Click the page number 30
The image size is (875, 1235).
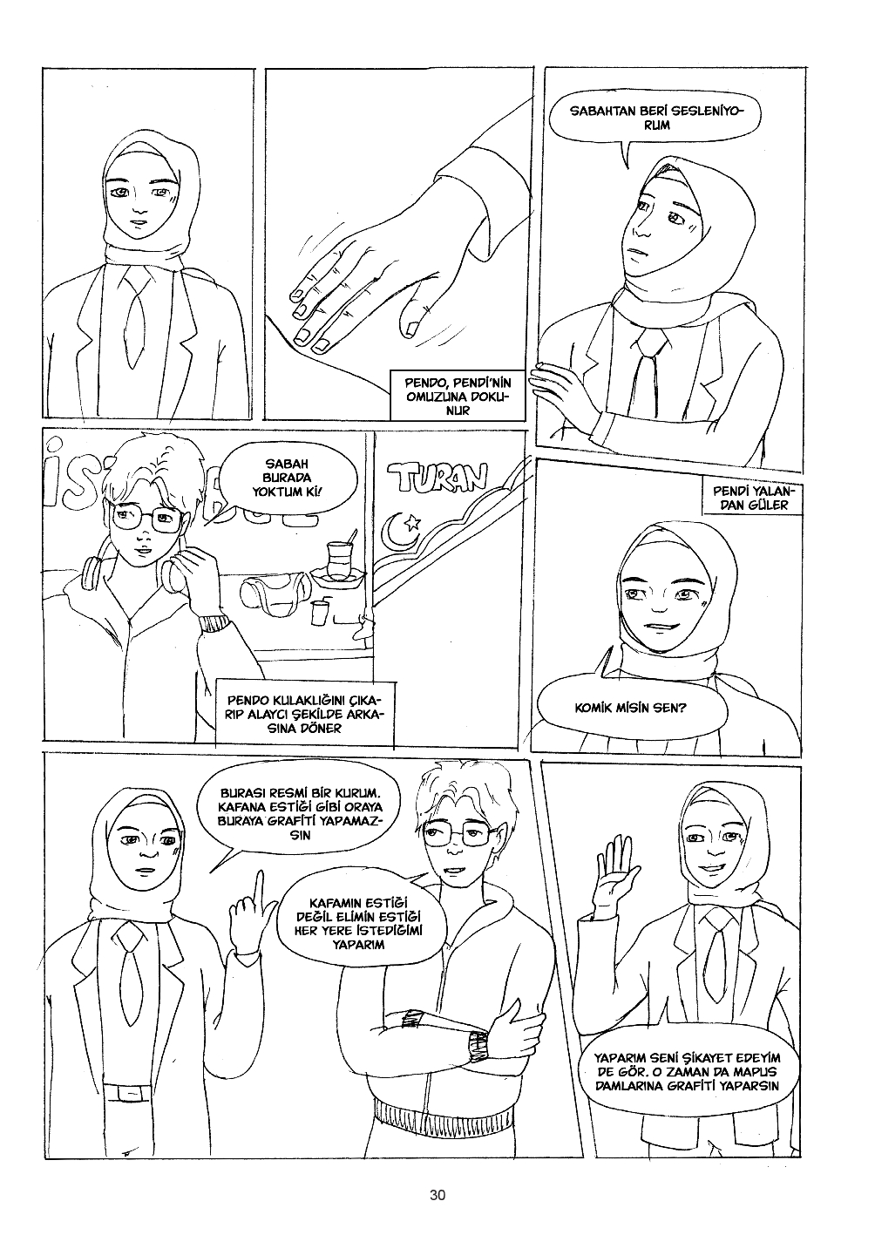click(x=437, y=1194)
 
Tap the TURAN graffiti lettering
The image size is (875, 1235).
click(x=437, y=477)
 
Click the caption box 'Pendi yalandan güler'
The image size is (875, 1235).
click(x=750, y=498)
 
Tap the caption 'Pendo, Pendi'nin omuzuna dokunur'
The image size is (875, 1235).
click(x=457, y=397)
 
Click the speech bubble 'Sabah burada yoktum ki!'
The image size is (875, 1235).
click(x=288, y=478)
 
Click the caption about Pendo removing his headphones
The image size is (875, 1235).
click(x=304, y=714)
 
